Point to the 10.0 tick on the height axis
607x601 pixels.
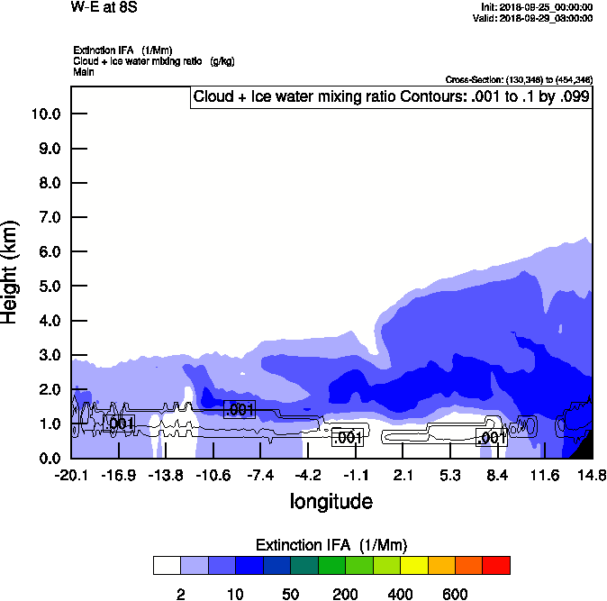pos(45,114)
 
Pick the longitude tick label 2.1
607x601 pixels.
pos(403,475)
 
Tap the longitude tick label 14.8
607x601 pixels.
pos(592,475)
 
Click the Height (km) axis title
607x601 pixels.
pos(11,270)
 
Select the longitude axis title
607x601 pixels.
pos(331,500)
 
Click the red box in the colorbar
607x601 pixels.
pos(496,565)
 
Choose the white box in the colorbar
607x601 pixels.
pos(168,565)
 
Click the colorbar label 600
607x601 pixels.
pos(456,594)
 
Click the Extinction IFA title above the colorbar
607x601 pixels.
pos(331,545)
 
